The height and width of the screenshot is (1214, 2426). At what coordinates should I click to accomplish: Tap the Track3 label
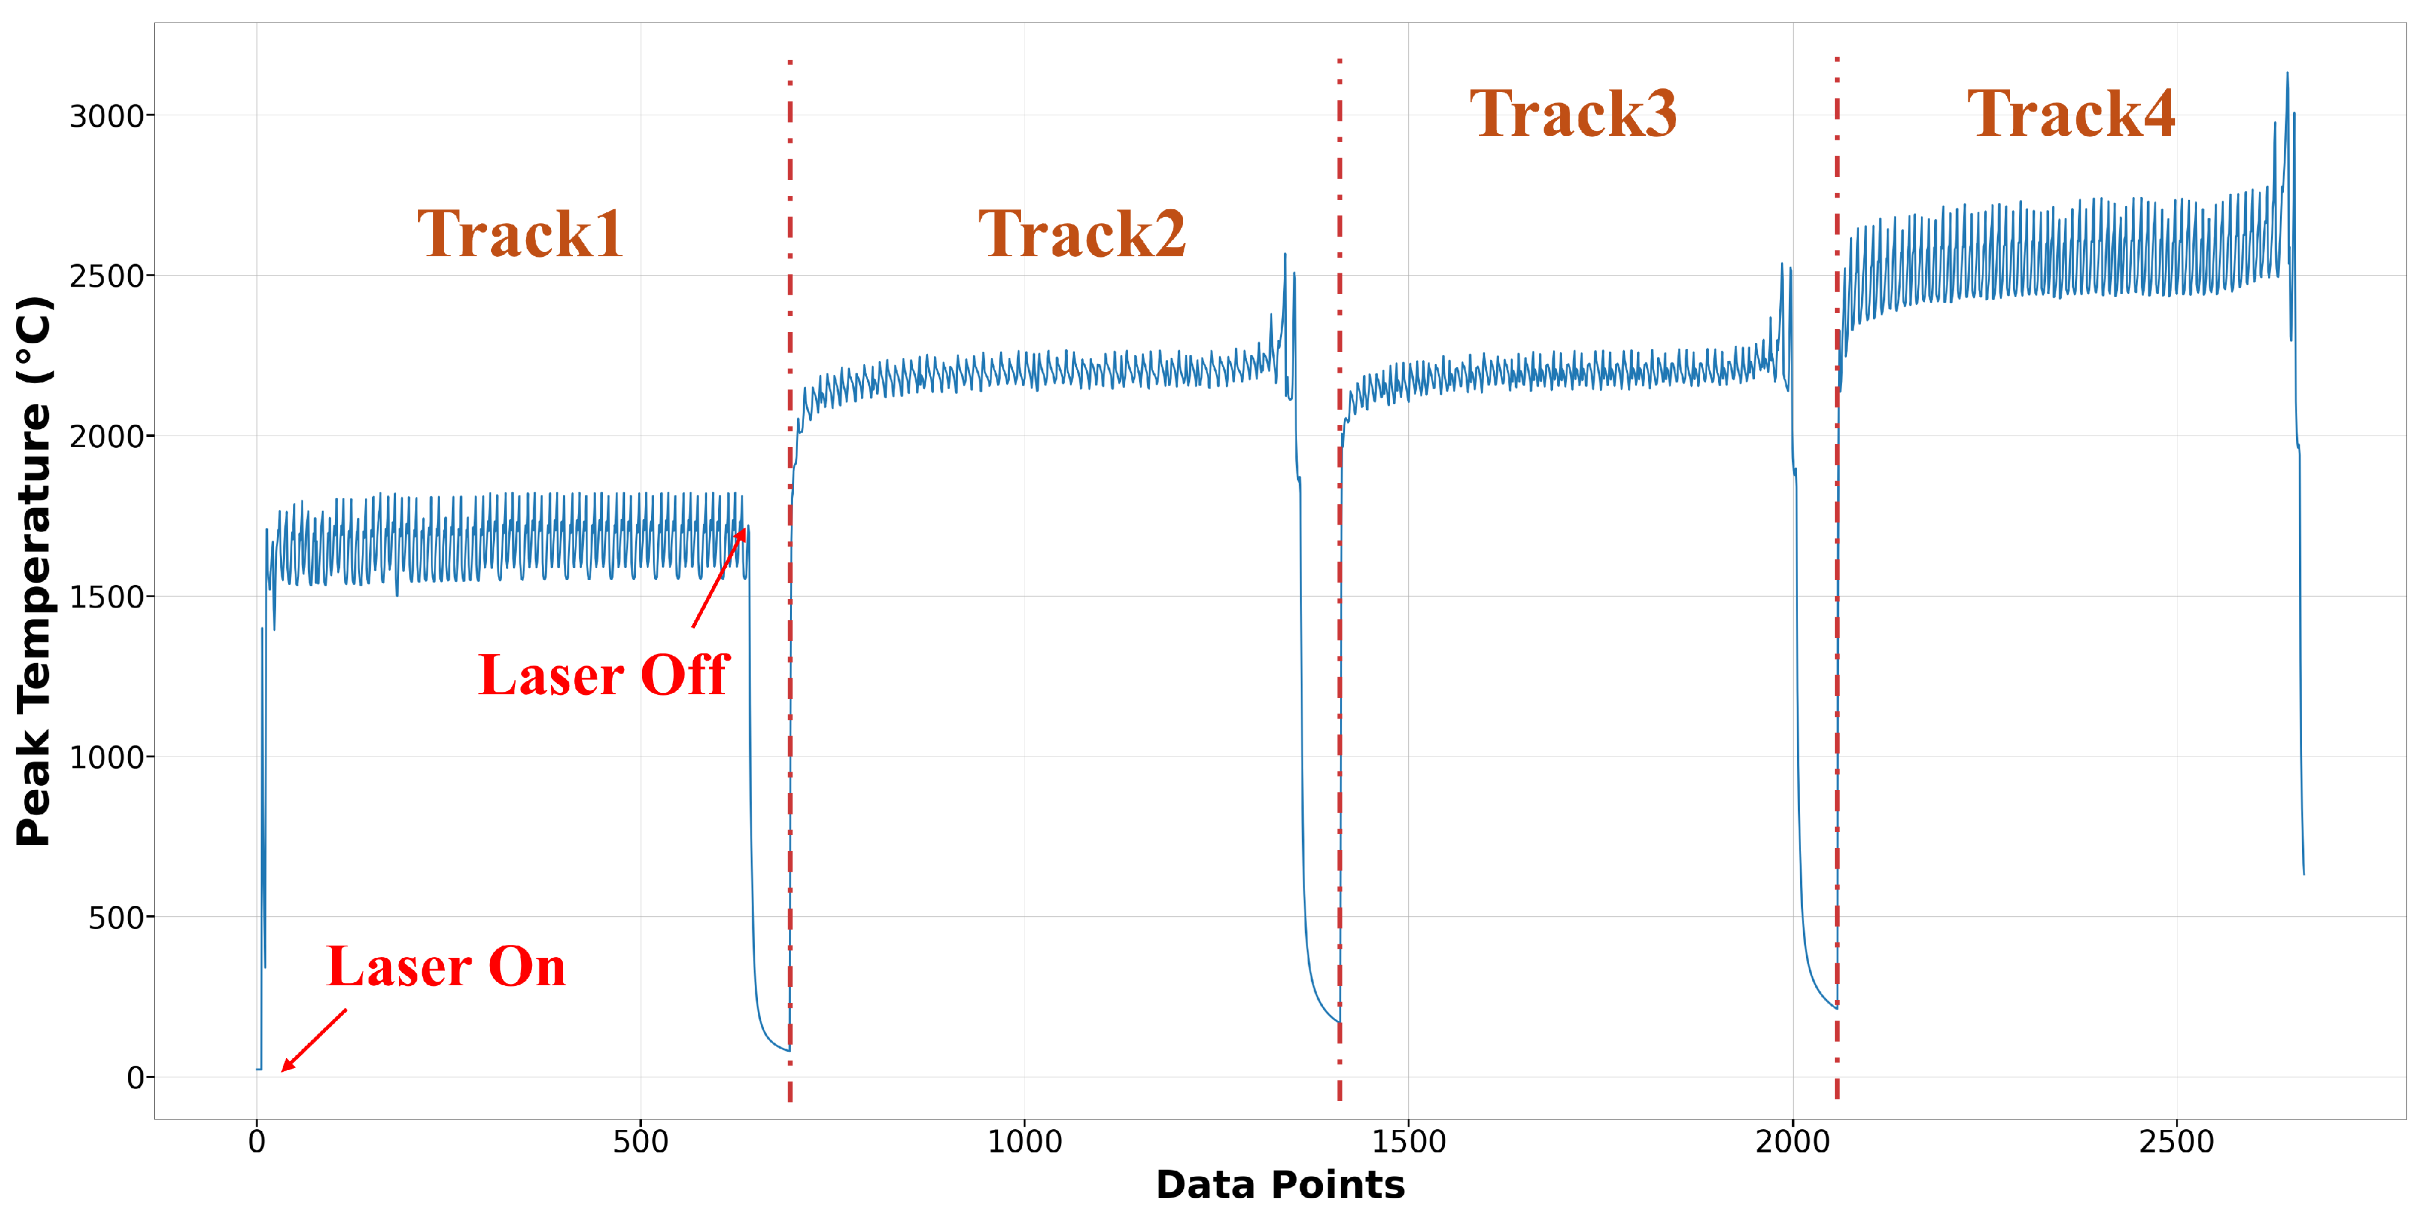pyautogui.click(x=1573, y=114)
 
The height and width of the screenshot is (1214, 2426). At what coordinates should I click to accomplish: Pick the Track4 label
pyautogui.click(x=2071, y=114)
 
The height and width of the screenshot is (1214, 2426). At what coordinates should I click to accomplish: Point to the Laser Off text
pyautogui.click(x=603, y=675)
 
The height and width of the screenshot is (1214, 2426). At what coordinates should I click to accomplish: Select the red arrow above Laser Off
pyautogui.click(x=719, y=577)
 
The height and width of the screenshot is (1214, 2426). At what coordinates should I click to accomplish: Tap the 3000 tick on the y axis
pyautogui.click(x=106, y=117)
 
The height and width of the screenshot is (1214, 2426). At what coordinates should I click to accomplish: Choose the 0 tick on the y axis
pyautogui.click(x=135, y=1077)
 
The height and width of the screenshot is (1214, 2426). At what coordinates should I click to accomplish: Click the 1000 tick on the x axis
pyautogui.click(x=1024, y=1141)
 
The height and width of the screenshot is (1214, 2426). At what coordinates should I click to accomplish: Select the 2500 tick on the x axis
pyautogui.click(x=2176, y=1141)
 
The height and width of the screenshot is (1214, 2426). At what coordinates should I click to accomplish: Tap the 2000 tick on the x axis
pyautogui.click(x=1792, y=1141)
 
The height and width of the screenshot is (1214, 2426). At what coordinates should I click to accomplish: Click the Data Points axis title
pyautogui.click(x=1280, y=1185)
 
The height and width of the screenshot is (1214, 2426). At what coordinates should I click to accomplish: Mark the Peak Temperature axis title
pyautogui.click(x=34, y=571)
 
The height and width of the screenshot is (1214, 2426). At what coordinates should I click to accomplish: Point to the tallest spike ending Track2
pyautogui.click(x=1284, y=254)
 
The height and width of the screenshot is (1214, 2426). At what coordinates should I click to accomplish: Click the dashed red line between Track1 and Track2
pyautogui.click(x=790, y=565)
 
